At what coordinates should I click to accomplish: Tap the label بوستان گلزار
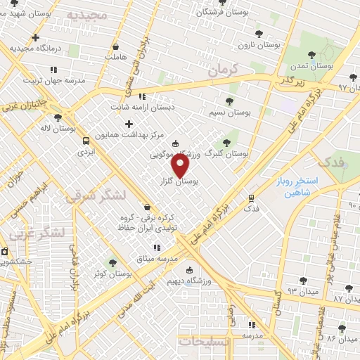click(176, 181)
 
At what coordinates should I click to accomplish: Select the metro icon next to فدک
click(252, 198)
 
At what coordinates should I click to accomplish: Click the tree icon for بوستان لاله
click(58, 117)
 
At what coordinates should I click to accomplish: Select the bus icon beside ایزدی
click(86, 140)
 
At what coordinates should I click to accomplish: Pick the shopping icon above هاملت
click(115, 46)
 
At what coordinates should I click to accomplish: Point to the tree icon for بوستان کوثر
click(112, 262)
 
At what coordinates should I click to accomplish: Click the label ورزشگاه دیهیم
click(186, 281)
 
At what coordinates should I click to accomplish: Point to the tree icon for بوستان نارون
click(259, 33)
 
